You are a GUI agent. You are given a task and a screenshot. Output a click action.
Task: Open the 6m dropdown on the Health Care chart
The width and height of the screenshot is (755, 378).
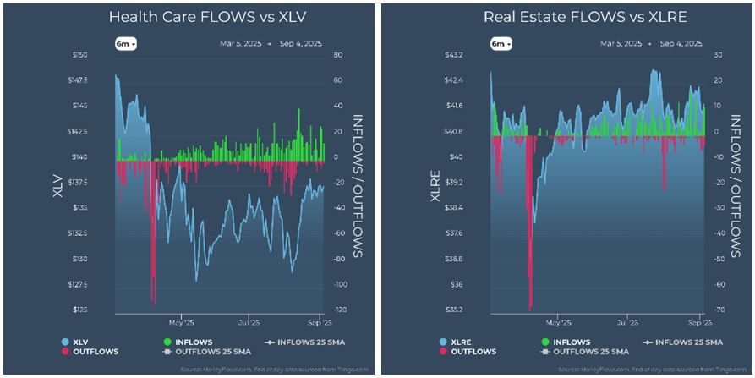126,43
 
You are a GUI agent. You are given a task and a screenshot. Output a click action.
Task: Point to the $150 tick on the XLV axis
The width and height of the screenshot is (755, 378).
79,55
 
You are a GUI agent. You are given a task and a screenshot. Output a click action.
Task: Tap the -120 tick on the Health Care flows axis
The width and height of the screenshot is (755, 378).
338,310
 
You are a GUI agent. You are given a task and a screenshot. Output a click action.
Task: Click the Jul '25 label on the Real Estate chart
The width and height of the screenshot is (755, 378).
626,322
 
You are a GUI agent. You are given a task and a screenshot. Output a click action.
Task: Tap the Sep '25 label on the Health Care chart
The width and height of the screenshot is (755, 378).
314,322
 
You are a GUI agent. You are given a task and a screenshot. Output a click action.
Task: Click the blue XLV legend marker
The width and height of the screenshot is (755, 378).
65,342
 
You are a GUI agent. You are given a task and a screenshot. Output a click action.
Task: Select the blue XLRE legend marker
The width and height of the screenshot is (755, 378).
442,342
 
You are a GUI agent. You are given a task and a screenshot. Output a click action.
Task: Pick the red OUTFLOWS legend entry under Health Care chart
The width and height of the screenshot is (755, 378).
95,351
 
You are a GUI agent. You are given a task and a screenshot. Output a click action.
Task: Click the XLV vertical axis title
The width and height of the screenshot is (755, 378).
57,185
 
